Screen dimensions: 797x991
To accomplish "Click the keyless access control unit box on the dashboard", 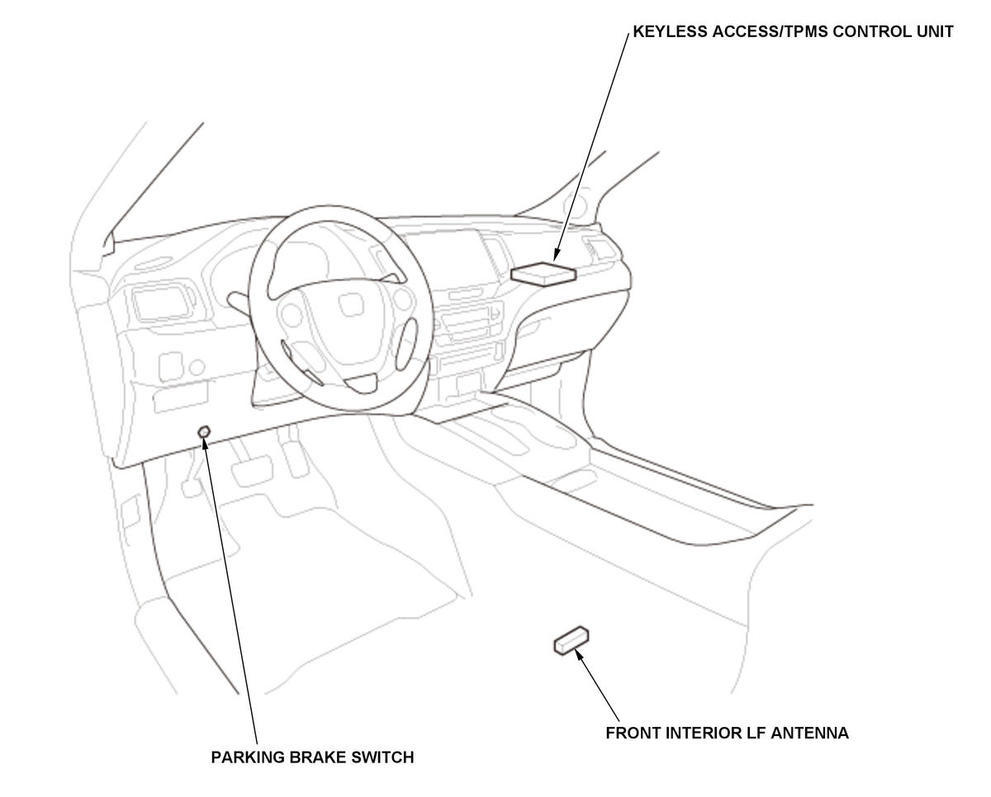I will (x=543, y=272).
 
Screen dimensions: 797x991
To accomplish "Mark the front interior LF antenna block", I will (x=571, y=640).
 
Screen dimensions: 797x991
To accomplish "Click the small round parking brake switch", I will (x=204, y=432).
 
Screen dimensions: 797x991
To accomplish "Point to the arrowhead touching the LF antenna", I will (x=579, y=653).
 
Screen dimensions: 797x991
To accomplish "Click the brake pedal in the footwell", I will (x=249, y=471).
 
